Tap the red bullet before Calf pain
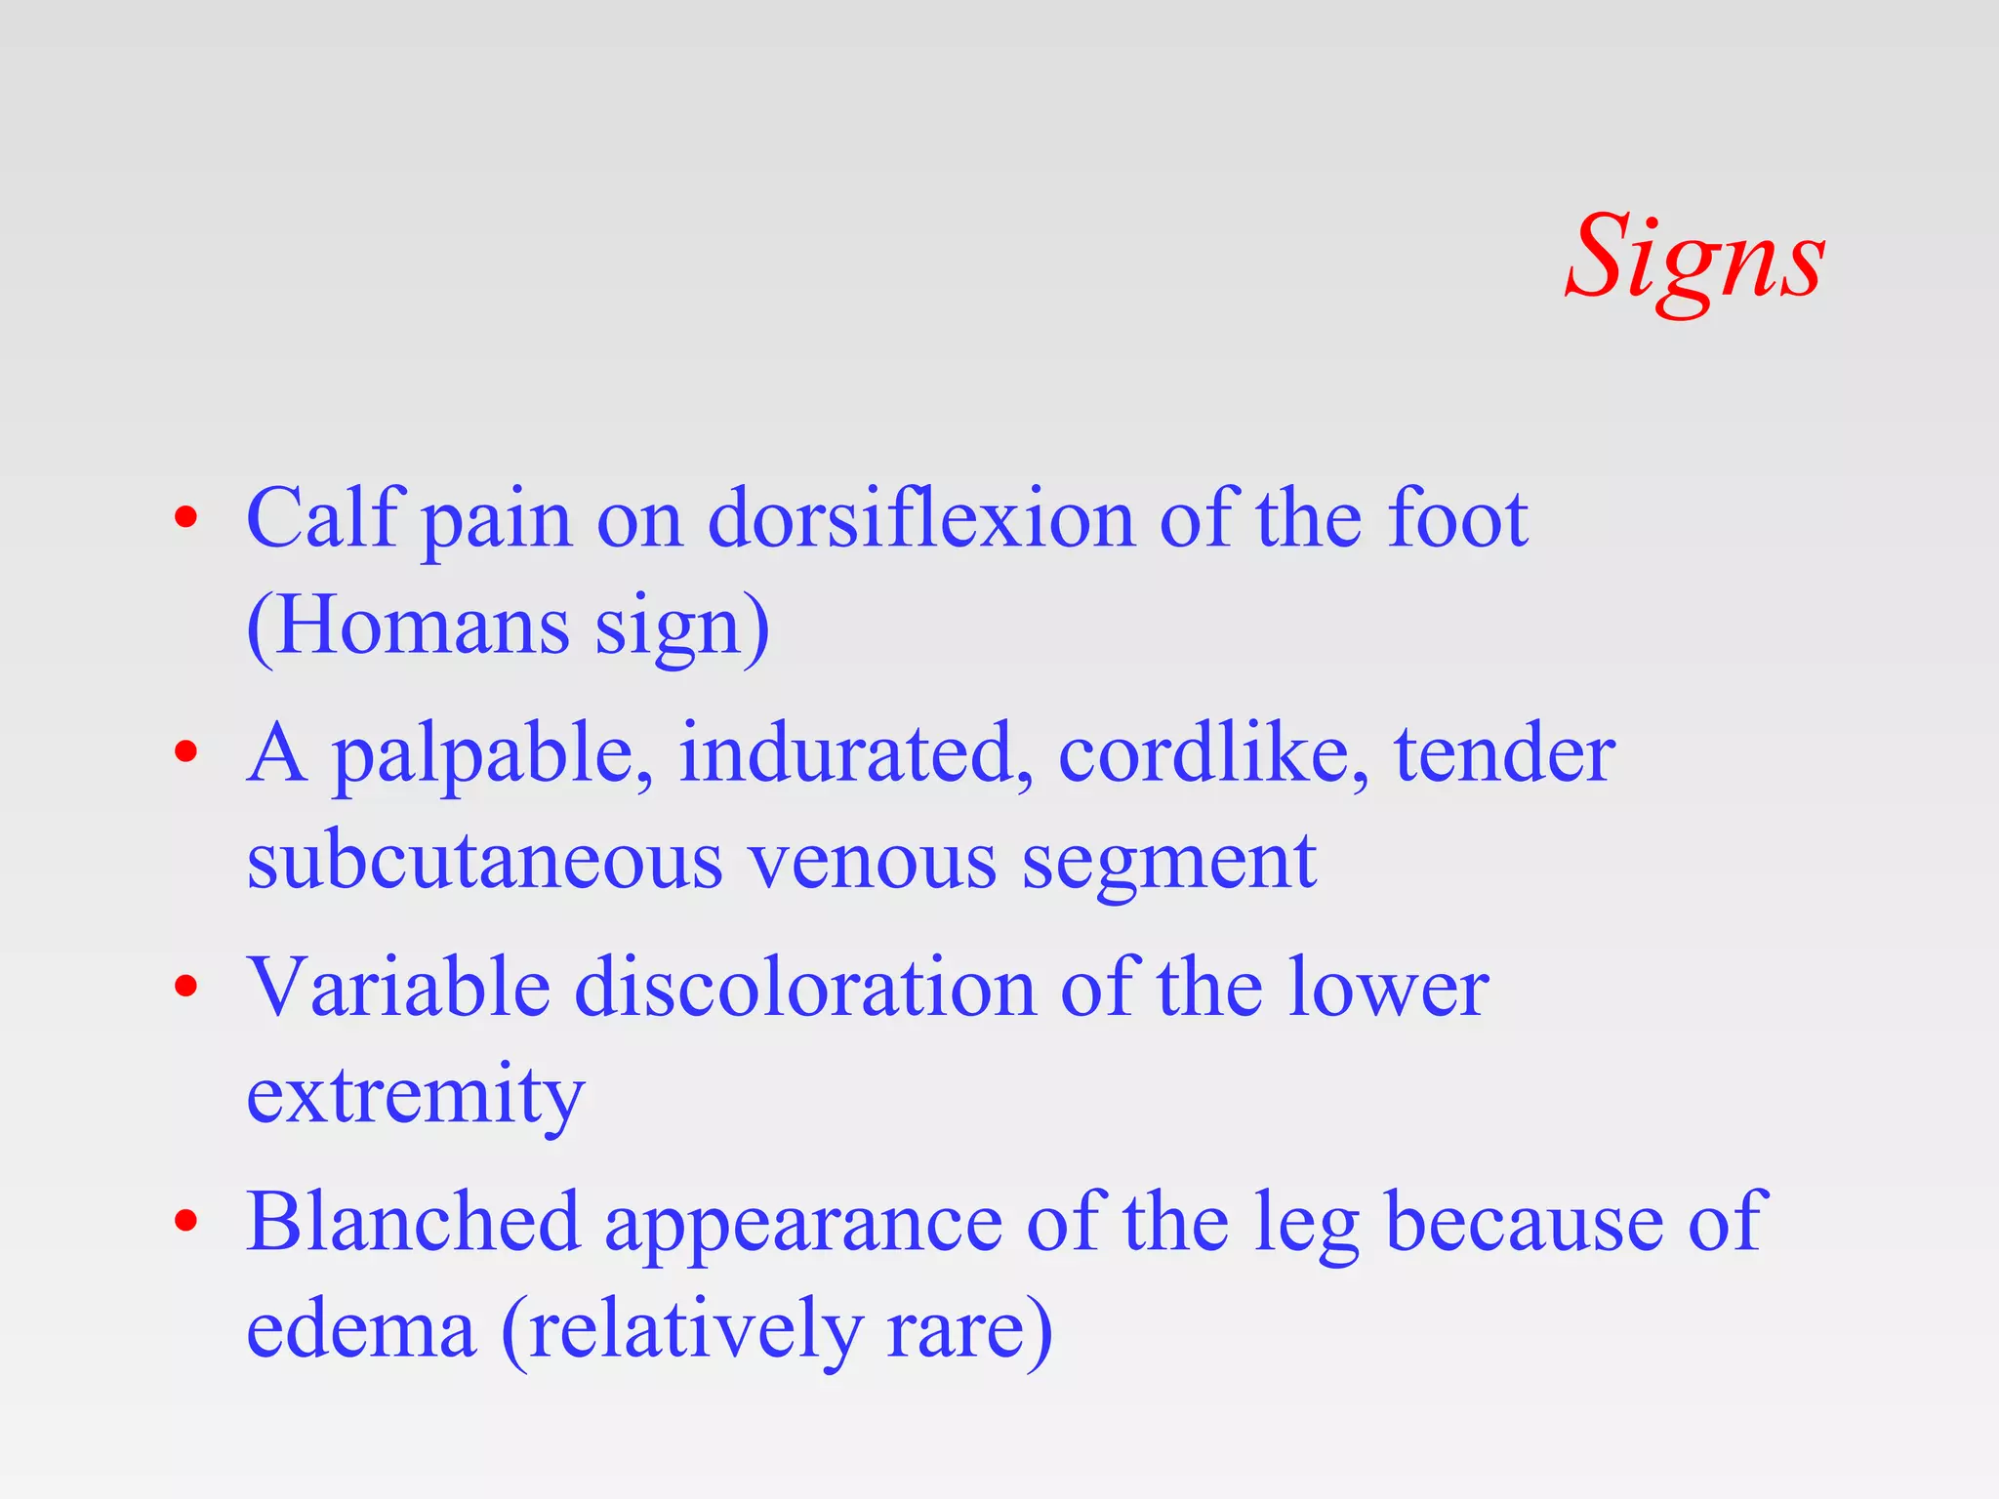click(x=185, y=518)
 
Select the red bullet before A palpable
click(x=185, y=752)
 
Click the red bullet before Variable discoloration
click(x=185, y=987)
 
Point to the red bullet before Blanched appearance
click(x=185, y=1221)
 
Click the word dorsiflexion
click(x=920, y=519)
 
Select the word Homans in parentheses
click(x=422, y=627)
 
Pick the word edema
click(x=361, y=1329)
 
